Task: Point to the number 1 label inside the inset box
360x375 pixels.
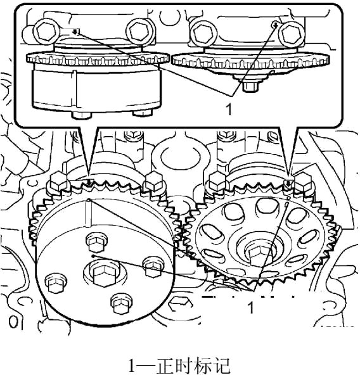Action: tap(229, 110)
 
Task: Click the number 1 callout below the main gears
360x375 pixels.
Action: tap(250, 307)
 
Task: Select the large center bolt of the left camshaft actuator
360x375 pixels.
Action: tap(104, 274)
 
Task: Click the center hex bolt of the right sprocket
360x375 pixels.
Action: tap(259, 257)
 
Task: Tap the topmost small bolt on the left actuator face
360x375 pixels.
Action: tap(96, 243)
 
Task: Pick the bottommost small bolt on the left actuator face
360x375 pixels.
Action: tap(122, 303)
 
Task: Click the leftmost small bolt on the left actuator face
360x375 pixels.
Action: tap(56, 284)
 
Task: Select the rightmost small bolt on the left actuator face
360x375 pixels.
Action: tap(153, 267)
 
